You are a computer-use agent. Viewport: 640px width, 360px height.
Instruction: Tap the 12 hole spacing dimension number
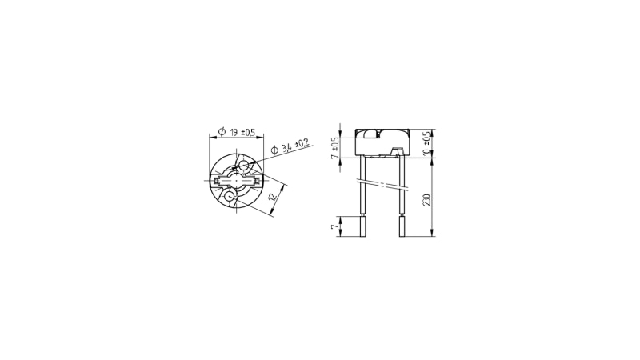click(273, 196)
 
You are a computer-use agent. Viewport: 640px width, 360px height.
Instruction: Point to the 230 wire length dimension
click(426, 200)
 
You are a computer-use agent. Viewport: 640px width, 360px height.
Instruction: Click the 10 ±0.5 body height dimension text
click(427, 143)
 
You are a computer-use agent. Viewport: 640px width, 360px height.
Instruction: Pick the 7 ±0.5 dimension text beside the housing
click(334, 147)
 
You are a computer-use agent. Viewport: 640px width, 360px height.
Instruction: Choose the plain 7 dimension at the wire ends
click(334, 226)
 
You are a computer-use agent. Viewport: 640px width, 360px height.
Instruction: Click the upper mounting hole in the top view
click(244, 166)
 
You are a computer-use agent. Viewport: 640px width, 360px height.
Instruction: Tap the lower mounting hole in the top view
click(229, 196)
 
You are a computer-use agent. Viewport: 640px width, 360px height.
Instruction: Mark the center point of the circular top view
click(236, 181)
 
